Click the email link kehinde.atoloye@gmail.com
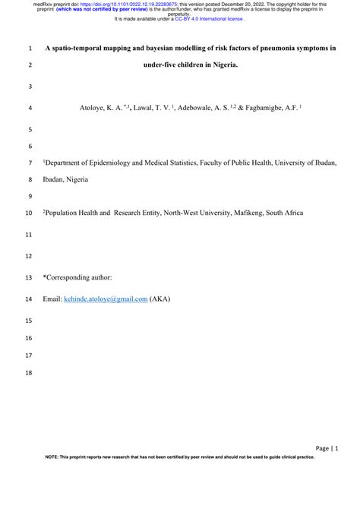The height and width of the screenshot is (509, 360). click(105, 299)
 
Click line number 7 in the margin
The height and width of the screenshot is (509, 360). click(29, 163)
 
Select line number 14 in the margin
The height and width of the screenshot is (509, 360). click(29, 299)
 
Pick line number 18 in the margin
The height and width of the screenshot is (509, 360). click(29, 373)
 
